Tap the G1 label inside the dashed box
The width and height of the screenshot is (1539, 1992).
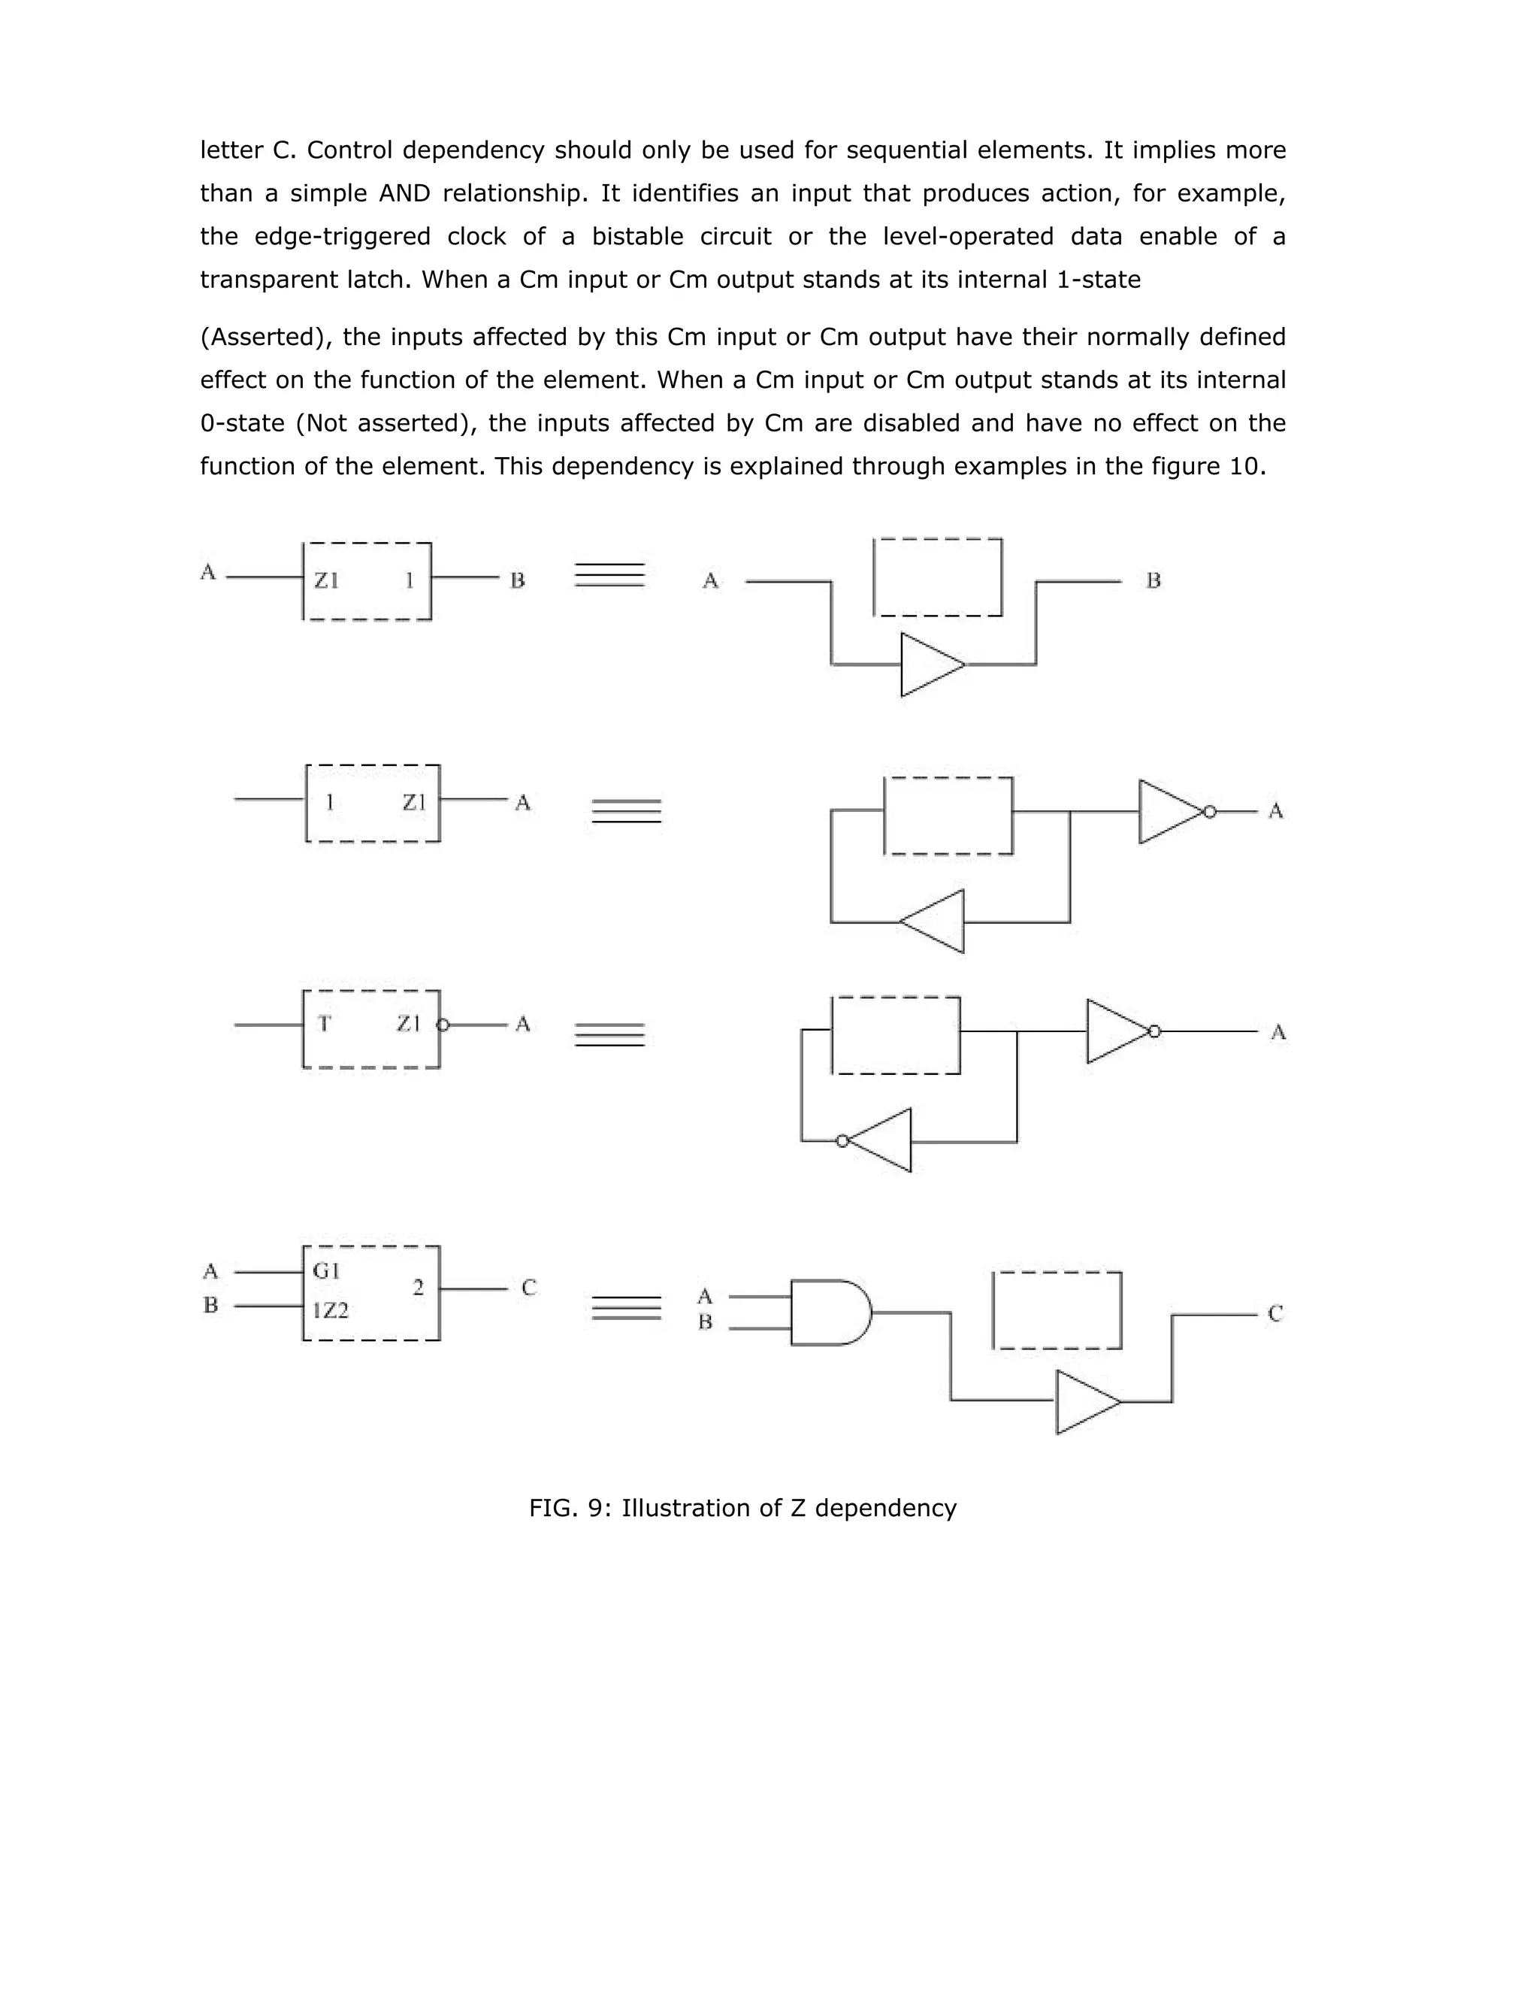[325, 1270]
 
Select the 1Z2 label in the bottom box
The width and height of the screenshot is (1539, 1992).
[330, 1311]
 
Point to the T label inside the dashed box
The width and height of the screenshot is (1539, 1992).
[324, 1023]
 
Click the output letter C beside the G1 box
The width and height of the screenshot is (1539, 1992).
[529, 1288]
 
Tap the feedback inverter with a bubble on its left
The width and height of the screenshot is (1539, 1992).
[879, 1140]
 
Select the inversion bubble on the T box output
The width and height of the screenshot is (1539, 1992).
[443, 1025]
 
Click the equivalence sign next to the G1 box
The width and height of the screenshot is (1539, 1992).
[627, 1308]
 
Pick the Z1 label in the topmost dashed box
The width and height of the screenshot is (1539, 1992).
[326, 580]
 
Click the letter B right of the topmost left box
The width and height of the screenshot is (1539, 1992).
[517, 580]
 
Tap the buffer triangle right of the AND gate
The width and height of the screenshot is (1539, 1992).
[1087, 1402]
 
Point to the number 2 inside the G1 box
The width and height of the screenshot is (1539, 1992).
[418, 1288]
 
